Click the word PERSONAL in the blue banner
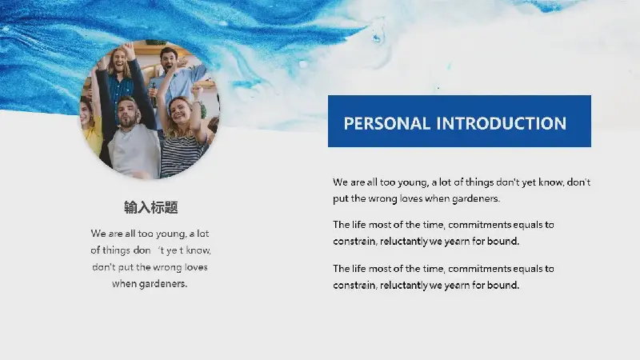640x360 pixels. pyautogui.click(x=386, y=123)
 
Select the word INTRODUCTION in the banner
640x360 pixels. pyautogui.click(x=502, y=123)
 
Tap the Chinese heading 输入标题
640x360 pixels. pyautogui.click(x=151, y=207)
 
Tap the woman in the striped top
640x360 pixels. pyautogui.click(x=182, y=134)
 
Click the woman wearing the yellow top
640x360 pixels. pyautogui.click(x=91, y=126)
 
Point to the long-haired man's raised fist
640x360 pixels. pyautogui.click(x=128, y=49)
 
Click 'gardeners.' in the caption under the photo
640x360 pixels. pyautogui.click(x=163, y=284)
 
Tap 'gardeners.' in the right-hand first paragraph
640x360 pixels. pyautogui.click(x=476, y=198)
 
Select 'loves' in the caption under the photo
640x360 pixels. pyautogui.click(x=196, y=267)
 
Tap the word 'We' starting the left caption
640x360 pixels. pyautogui.click(x=98, y=234)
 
